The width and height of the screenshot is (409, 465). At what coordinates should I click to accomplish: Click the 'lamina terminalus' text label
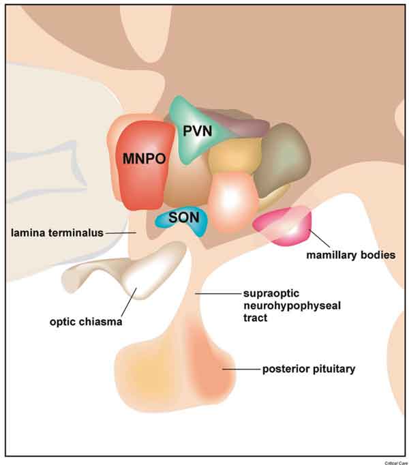pos(57,232)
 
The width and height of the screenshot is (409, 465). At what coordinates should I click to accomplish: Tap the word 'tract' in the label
pos(255,318)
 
